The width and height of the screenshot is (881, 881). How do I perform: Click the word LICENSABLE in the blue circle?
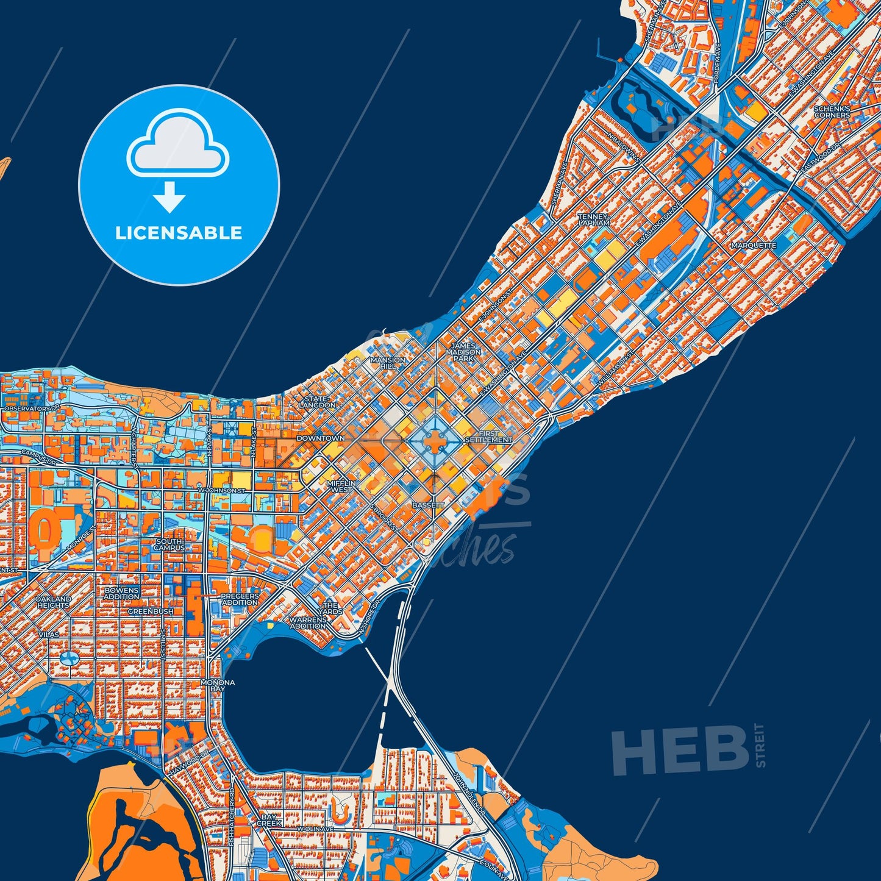[x=179, y=233]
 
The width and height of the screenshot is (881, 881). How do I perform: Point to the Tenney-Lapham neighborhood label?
[x=594, y=219]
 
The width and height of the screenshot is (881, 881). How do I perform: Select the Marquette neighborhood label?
[x=754, y=246]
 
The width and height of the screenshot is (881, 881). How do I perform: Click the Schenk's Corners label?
[x=832, y=112]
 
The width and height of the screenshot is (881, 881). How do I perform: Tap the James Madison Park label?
[x=466, y=352]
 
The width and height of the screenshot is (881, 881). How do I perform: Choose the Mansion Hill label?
[x=388, y=363]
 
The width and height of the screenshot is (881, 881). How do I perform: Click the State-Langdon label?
[x=317, y=402]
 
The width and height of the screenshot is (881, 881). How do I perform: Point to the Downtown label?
[x=320, y=438]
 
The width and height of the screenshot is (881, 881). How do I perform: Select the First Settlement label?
[x=489, y=437]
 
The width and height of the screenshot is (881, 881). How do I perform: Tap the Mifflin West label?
[x=341, y=486]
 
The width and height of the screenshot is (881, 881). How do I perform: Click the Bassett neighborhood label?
[x=428, y=505]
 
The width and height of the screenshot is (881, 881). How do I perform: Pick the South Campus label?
[x=169, y=544]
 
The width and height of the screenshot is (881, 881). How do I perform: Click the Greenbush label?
[x=150, y=611]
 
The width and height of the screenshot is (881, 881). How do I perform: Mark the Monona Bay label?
[x=218, y=685]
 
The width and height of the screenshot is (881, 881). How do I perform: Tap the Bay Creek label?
[x=269, y=819]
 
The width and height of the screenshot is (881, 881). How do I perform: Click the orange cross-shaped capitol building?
[x=434, y=441]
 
